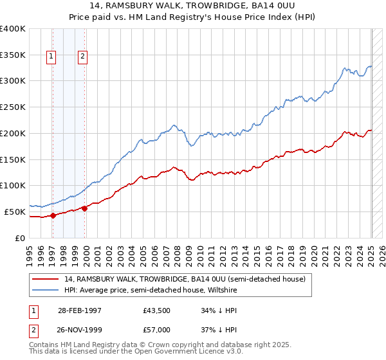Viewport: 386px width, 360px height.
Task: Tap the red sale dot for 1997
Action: (53, 215)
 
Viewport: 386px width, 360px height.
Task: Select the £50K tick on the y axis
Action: (15, 212)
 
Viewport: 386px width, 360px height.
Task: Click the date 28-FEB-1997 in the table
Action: (80, 310)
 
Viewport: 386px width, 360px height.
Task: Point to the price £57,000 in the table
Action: (157, 329)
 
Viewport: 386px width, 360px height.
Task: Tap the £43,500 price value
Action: (157, 310)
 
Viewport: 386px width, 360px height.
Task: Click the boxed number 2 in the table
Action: (33, 329)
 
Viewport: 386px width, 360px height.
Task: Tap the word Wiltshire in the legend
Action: (222, 290)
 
